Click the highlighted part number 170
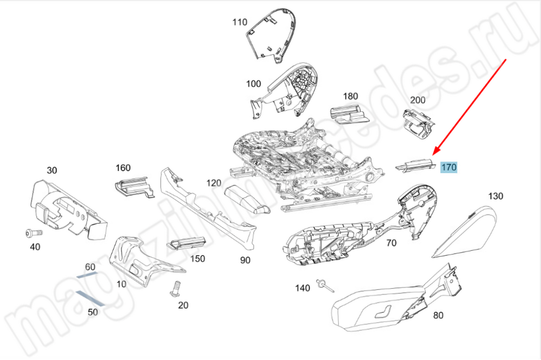coord(449,168)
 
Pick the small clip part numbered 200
coord(419,123)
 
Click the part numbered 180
coord(347,114)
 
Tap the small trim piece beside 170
coord(414,165)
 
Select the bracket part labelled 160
coord(131,185)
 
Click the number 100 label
coord(253,84)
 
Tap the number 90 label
coord(246,260)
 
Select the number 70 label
coord(391,243)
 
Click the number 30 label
coord(51,170)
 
